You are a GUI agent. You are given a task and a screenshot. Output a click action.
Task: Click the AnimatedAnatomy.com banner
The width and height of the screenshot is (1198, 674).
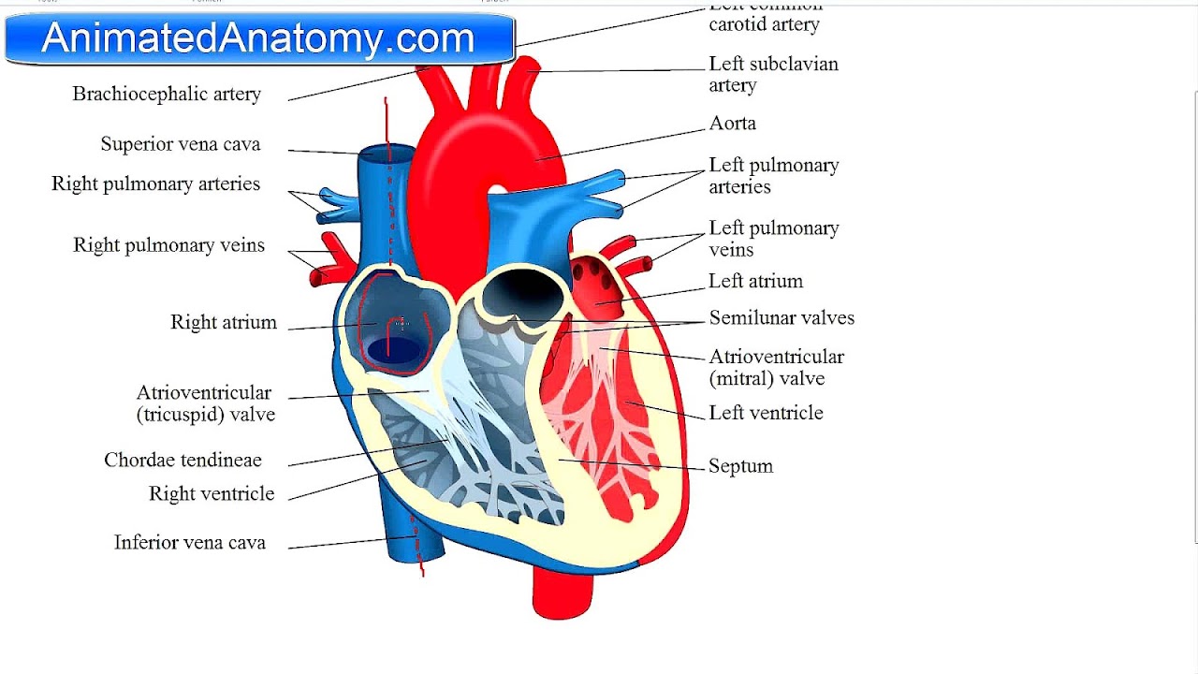(x=258, y=39)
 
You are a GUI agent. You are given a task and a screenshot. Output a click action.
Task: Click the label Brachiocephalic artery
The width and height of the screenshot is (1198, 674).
(x=167, y=95)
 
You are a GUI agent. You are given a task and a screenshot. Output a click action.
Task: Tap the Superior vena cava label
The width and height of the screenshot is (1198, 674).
(x=181, y=144)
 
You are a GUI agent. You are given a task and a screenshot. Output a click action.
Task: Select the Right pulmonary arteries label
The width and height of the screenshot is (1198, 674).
(x=155, y=184)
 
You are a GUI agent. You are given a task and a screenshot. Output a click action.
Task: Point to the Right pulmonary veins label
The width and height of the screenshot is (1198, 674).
(x=168, y=245)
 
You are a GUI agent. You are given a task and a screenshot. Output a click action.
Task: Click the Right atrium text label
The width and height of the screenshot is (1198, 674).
(x=224, y=323)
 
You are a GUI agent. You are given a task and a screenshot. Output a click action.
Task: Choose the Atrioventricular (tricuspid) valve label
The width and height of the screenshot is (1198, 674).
(x=205, y=403)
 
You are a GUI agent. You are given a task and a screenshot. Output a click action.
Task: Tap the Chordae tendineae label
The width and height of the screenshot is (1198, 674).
(x=183, y=461)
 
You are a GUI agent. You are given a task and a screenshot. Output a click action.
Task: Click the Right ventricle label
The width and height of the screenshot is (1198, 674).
(x=212, y=494)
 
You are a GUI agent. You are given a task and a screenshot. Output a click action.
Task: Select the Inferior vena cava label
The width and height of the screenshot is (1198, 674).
(x=190, y=543)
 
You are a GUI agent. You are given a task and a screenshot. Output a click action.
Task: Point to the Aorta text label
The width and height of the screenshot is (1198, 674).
(x=732, y=124)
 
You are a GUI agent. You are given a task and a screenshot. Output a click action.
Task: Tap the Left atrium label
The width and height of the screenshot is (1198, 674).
(x=755, y=282)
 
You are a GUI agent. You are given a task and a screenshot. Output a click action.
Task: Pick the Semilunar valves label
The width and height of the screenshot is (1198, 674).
(x=782, y=318)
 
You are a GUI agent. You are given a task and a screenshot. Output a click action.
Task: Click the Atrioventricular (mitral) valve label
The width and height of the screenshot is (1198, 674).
(x=776, y=368)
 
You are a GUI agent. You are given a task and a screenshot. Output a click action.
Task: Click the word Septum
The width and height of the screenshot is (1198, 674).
(x=740, y=466)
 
